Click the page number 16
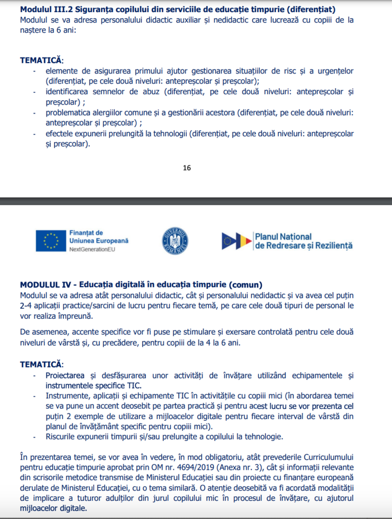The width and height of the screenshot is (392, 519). (187, 168)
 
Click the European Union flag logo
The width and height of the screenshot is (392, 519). (51, 241)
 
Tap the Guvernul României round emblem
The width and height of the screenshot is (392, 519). (175, 241)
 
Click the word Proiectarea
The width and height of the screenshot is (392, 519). (67, 375)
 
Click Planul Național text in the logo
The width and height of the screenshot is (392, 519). (283, 237)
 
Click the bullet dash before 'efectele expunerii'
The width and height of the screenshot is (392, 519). (34, 134)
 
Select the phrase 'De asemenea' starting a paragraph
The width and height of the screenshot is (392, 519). (44, 331)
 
